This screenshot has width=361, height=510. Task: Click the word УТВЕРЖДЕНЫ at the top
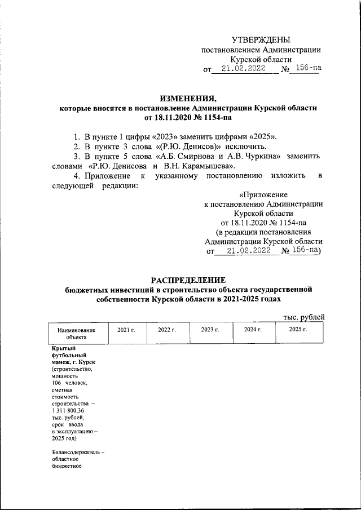pyautogui.click(x=262, y=39)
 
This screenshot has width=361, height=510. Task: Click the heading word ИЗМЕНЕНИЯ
pyautogui.click(x=188, y=97)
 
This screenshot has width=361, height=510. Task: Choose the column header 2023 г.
pyautogui.click(x=210, y=329)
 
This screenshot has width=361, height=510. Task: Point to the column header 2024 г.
pyautogui.click(x=253, y=329)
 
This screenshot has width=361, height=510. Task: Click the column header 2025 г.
pyautogui.click(x=298, y=329)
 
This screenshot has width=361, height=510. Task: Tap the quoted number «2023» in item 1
pyautogui.click(x=157, y=137)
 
